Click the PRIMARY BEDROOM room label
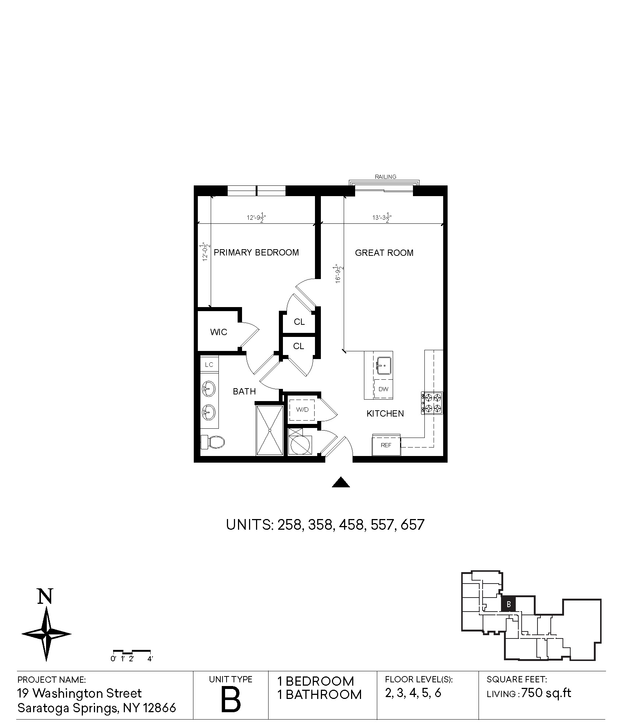click(256, 253)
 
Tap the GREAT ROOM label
click(384, 253)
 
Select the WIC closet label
click(218, 332)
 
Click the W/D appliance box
click(302, 410)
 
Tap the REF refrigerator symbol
click(386, 445)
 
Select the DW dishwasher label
click(384, 389)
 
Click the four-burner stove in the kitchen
click(432, 403)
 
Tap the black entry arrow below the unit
click(341, 483)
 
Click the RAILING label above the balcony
click(386, 177)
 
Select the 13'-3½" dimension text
click(382, 217)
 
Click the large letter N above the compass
click(45, 596)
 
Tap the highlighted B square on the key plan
click(508, 604)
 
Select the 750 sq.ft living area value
click(547, 693)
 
